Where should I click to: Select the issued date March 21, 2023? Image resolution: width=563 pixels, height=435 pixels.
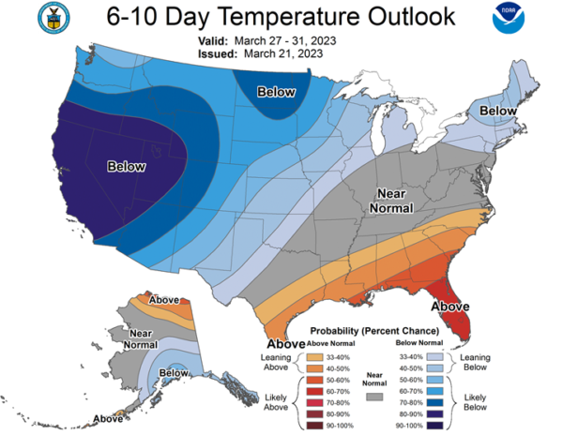click(x=279, y=54)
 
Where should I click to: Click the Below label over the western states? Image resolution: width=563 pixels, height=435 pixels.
click(x=126, y=166)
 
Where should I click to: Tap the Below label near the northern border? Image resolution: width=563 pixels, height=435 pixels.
click(x=277, y=92)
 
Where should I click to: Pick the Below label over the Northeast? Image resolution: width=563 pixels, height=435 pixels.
click(x=498, y=112)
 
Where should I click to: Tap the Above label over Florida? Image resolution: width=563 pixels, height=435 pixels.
click(x=449, y=305)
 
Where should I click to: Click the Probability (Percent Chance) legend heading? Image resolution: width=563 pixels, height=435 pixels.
click(x=375, y=331)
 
